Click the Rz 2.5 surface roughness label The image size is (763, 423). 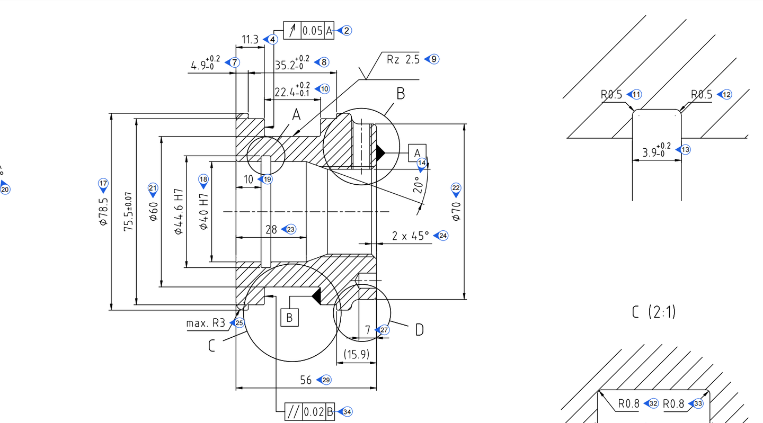tap(403, 59)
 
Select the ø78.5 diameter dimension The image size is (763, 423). tap(103, 212)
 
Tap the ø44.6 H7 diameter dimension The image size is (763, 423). tap(179, 212)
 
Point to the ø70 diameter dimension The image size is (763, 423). tap(456, 211)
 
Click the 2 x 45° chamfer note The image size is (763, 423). tap(411, 236)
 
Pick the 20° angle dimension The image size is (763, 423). tap(418, 185)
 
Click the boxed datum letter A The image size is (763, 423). tap(417, 152)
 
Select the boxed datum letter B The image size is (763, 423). tap(289, 318)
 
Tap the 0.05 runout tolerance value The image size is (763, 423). tap(312, 31)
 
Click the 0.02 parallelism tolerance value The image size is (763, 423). tap(313, 412)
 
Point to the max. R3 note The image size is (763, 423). tap(206, 323)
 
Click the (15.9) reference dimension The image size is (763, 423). tap(357, 354)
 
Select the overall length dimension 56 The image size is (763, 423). tap(306, 380)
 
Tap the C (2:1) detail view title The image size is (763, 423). tap(654, 312)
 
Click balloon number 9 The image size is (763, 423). tap(434, 59)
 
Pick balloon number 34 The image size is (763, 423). tap(347, 412)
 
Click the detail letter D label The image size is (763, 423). tap(419, 330)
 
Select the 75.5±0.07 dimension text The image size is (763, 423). tap(129, 212)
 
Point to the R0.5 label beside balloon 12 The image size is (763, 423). tap(702, 94)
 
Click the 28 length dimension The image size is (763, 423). tap(271, 230)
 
